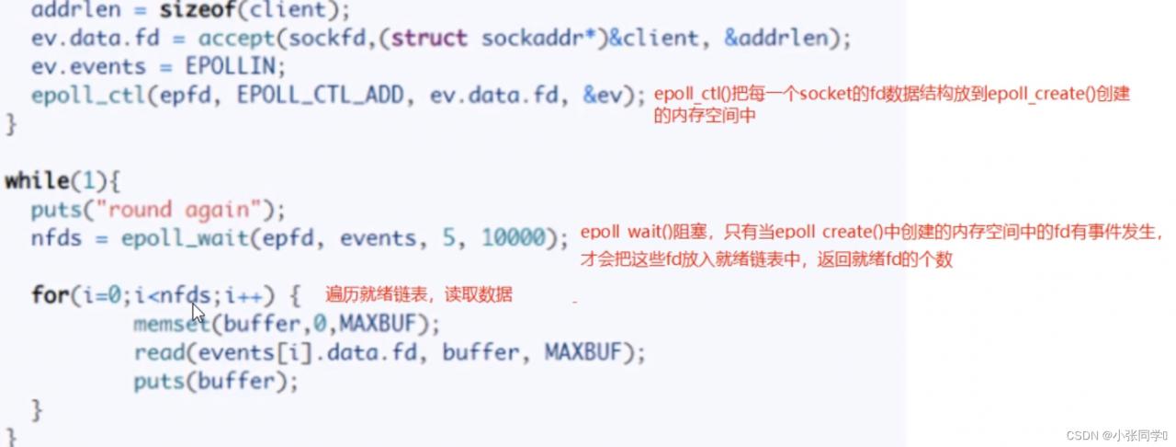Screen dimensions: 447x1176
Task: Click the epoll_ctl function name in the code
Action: (81, 95)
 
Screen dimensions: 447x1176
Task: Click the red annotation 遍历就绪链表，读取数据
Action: (418, 295)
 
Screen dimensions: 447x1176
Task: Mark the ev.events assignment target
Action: (88, 67)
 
